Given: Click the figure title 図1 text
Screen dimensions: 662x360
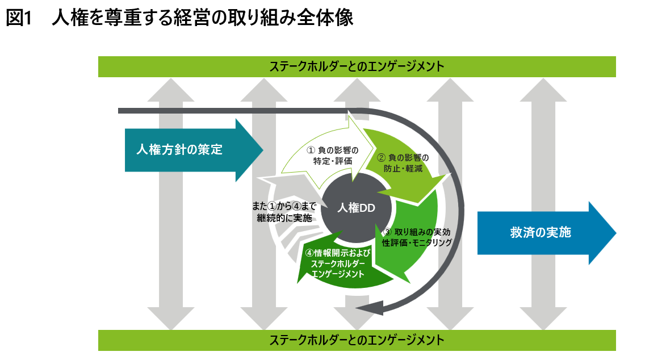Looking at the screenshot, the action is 19,18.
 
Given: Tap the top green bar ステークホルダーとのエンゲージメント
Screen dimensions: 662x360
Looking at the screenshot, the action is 357,66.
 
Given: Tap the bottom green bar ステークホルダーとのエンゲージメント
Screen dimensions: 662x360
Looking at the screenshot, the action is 357,340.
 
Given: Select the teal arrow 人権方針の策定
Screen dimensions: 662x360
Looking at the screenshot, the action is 194,150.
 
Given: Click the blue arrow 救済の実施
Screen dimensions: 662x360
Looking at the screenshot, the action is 547,233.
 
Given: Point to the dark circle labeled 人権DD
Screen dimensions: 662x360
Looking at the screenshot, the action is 357,208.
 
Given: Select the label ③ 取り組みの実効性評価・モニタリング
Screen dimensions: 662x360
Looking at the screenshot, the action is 417,237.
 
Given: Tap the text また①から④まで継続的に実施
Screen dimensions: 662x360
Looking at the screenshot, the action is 284,212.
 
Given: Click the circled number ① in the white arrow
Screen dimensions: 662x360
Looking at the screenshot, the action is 311,150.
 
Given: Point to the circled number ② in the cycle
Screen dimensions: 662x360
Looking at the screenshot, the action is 381,158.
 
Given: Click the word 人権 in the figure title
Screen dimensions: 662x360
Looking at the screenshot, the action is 66,18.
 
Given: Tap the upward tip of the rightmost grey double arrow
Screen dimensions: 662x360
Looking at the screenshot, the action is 543,78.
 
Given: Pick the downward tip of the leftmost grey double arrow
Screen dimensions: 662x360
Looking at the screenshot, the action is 170,329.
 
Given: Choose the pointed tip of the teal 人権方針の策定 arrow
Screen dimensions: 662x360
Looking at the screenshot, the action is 263,150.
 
